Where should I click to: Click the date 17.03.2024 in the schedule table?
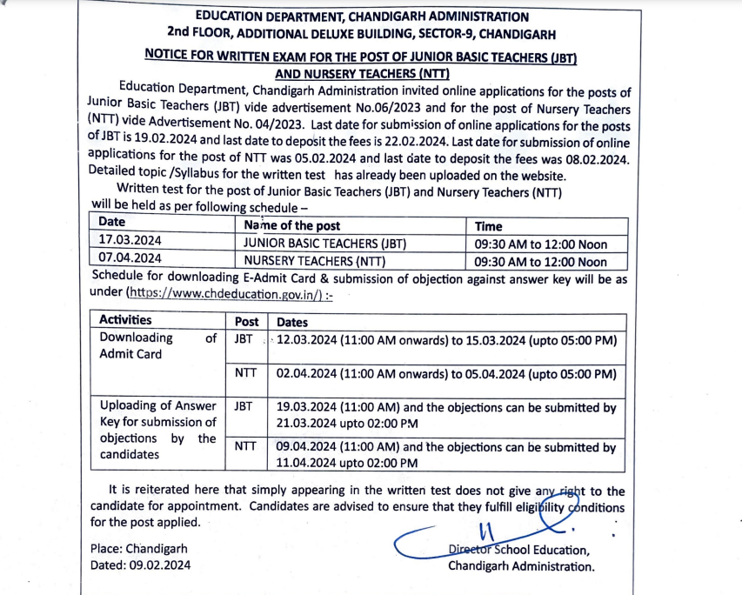coord(130,241)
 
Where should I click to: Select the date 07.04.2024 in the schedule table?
coord(130,258)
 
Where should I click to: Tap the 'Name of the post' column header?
coord(292,224)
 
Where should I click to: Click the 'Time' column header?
coord(489,225)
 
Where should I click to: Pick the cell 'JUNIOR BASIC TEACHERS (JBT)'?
coord(324,243)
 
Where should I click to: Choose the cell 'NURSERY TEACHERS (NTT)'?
coord(314,260)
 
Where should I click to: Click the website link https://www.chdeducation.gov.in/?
coord(229,294)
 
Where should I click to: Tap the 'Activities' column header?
coord(125,320)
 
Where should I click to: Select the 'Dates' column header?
coord(292,322)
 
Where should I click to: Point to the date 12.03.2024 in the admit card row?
coord(307,339)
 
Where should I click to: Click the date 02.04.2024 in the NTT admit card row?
coord(307,374)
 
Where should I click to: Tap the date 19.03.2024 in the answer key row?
coord(307,406)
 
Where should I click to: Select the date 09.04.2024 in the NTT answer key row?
coord(307,447)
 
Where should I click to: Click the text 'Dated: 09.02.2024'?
coord(140,565)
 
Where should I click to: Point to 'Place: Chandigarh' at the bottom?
coord(138,549)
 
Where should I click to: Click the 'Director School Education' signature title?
coord(518,550)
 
